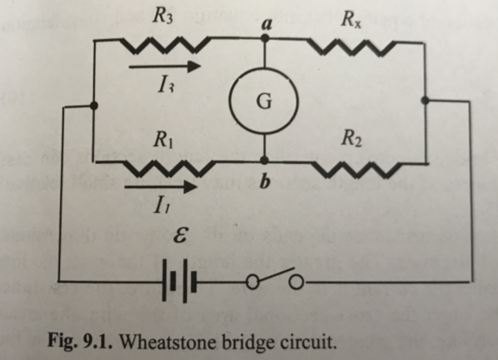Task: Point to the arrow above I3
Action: pyautogui.click(x=166, y=67)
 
